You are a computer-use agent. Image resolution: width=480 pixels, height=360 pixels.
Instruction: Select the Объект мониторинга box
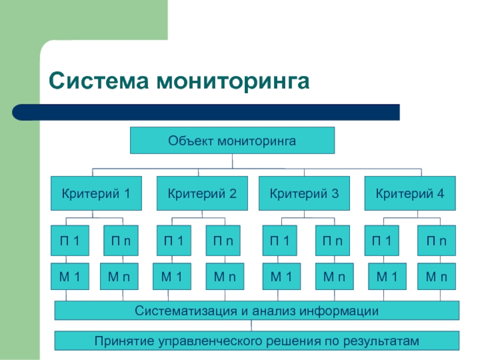(x=232, y=141)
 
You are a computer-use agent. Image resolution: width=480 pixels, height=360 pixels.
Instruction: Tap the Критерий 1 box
(x=96, y=193)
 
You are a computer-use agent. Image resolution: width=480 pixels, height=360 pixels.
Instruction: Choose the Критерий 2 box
(x=202, y=193)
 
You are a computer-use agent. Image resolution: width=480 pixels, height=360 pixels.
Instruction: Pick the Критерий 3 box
(x=304, y=193)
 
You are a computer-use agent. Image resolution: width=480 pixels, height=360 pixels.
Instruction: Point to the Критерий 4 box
(x=410, y=193)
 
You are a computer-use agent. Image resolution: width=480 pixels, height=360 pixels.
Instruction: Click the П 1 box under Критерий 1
(x=70, y=241)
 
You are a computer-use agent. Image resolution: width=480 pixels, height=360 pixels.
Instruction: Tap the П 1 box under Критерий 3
(x=280, y=241)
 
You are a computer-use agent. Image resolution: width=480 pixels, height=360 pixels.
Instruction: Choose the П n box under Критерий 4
(x=437, y=241)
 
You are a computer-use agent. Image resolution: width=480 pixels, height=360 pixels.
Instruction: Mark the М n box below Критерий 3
(x=332, y=277)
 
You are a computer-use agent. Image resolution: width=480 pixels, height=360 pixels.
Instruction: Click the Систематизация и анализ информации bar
(x=257, y=311)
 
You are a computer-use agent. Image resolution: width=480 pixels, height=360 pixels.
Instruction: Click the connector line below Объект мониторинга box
(x=232, y=161)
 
